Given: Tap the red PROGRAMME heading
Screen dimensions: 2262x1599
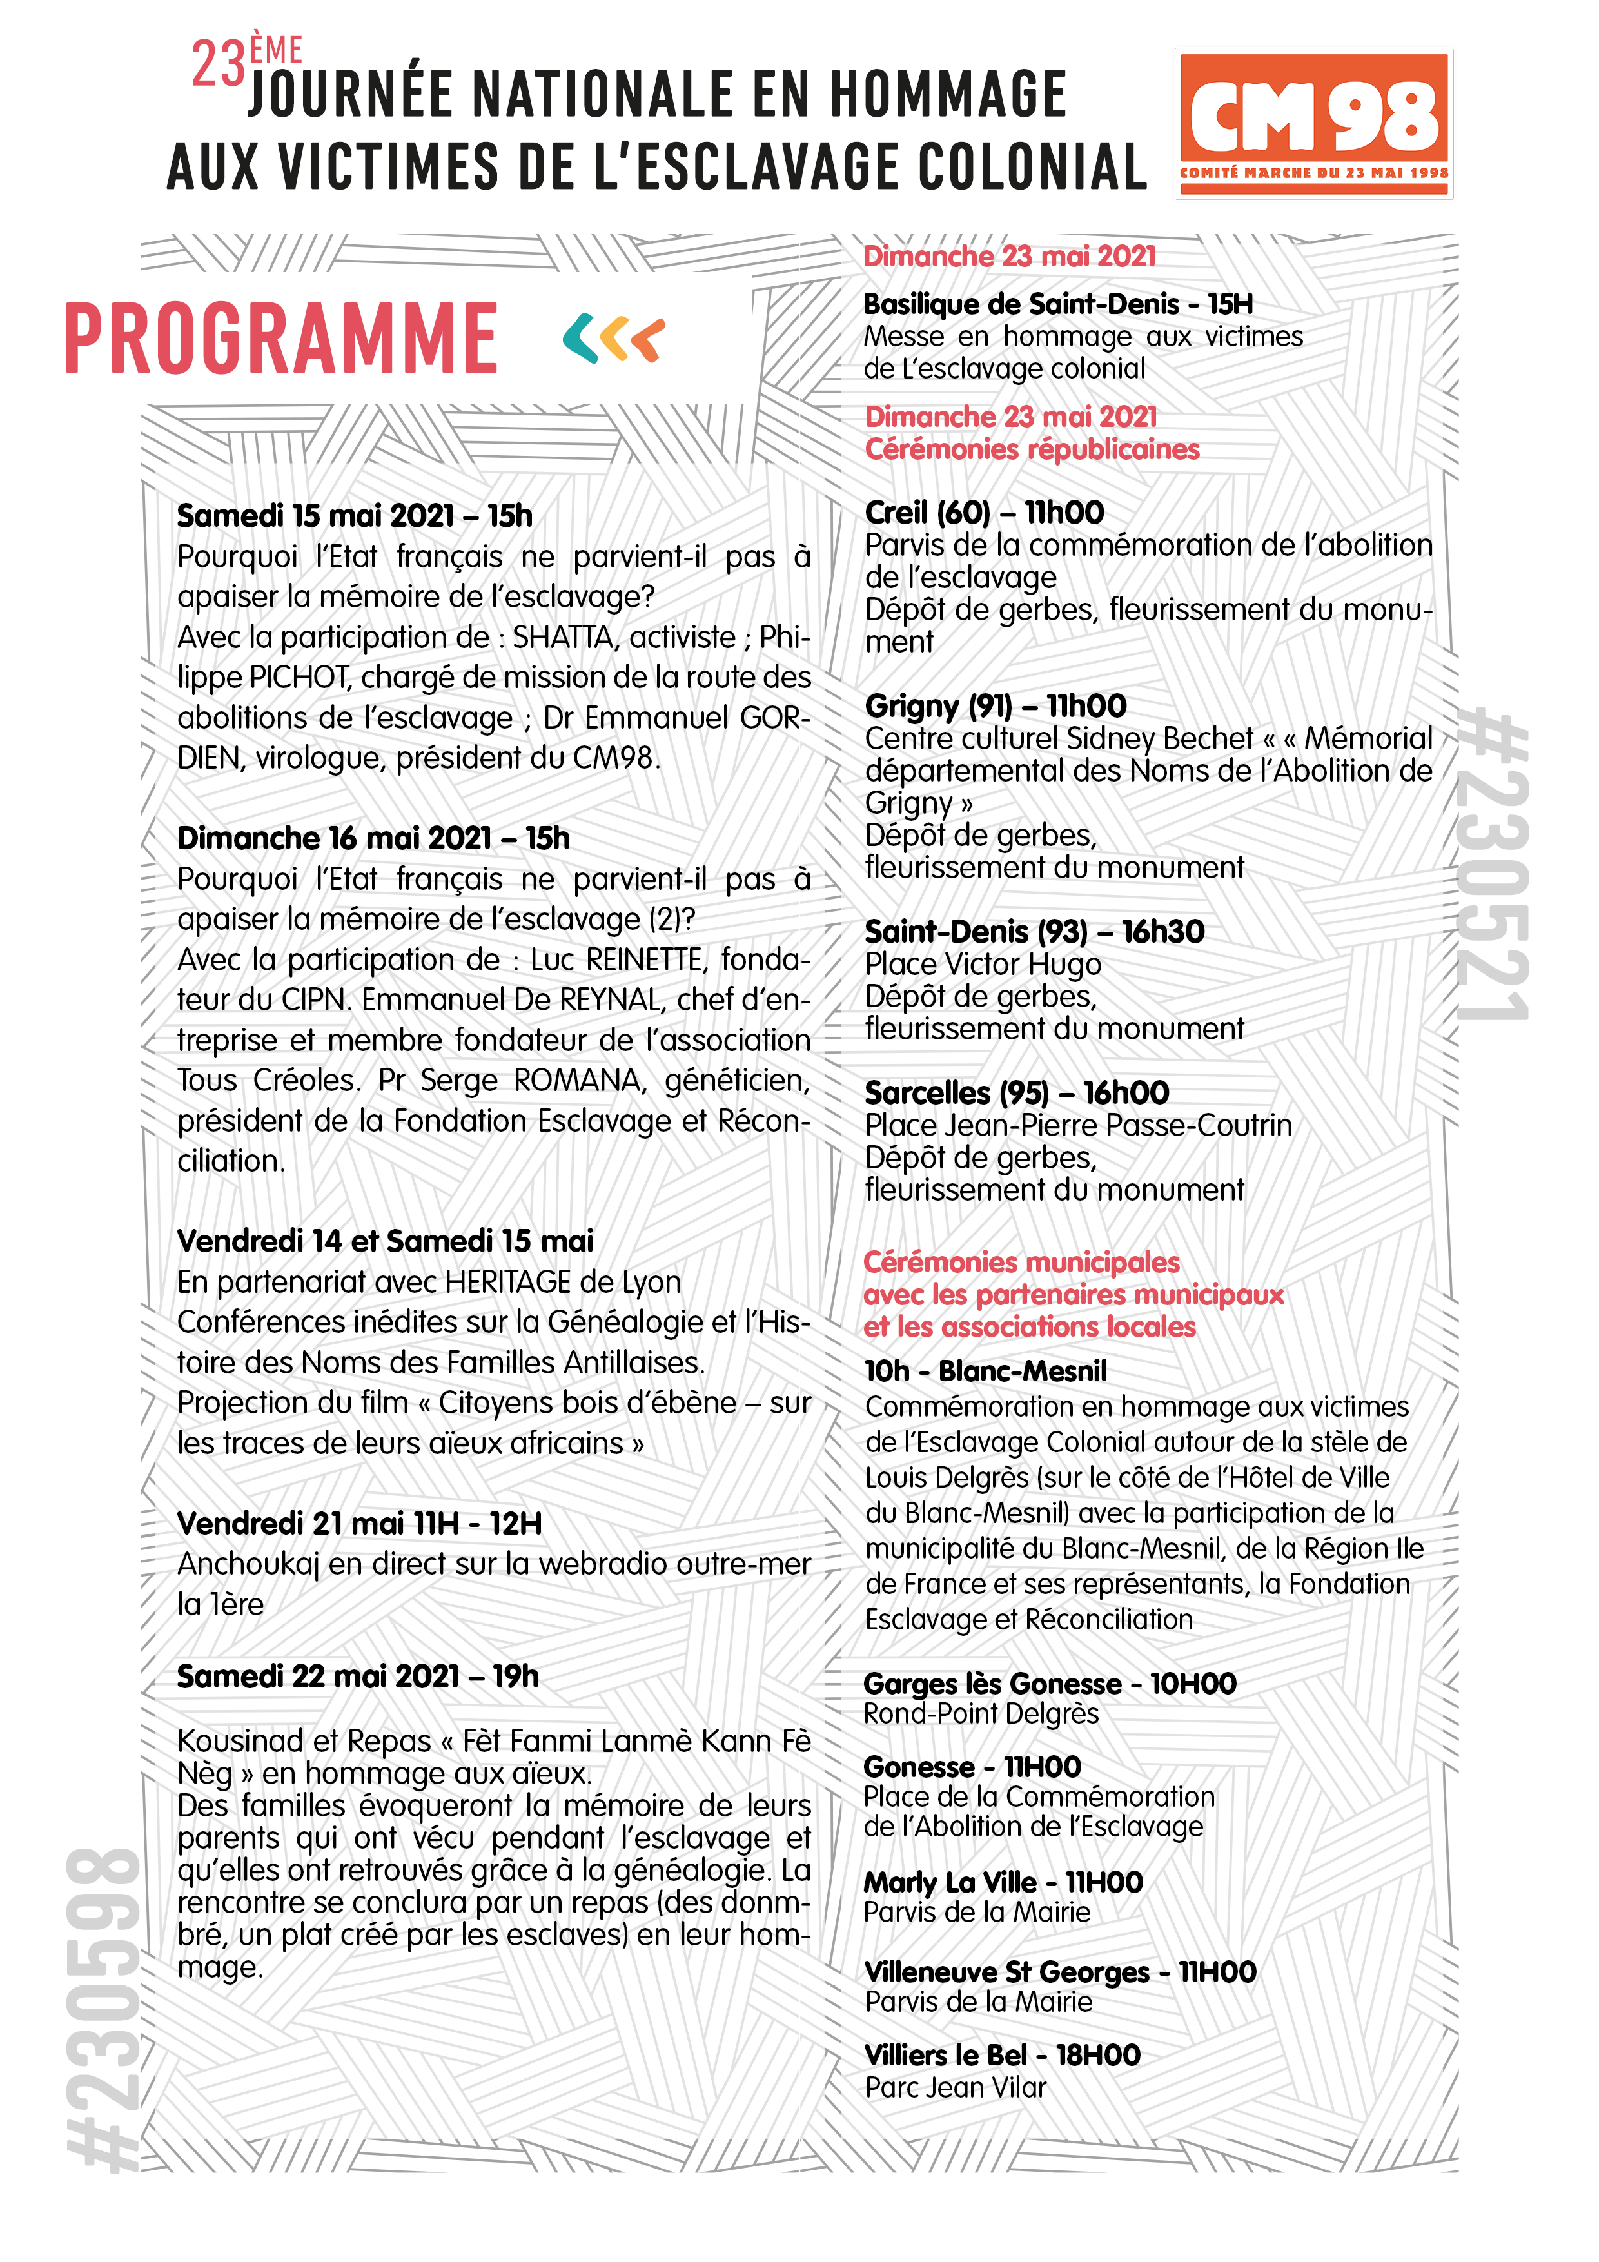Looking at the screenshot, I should coord(282,339).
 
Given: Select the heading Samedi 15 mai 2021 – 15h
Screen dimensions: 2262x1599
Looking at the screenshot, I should coord(355,515).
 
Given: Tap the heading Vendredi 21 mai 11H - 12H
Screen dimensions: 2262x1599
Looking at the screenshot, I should coord(360,1523).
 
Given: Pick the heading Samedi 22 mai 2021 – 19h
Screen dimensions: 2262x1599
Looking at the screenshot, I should coord(358,1676).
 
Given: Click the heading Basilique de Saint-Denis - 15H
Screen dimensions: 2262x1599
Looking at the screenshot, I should coord(1058,304).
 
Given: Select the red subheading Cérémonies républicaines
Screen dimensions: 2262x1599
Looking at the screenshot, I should coord(1032,449).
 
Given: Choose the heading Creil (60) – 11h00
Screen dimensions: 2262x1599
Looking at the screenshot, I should coord(985,512).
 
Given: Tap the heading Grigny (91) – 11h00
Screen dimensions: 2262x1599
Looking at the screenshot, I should coord(995,705).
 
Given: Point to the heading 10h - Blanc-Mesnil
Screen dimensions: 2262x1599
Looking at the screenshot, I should coord(985,1370).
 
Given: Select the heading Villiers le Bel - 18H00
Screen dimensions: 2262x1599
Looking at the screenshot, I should coord(1002,2054).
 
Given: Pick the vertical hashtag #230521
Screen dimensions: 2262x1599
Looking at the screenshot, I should coord(1495,867).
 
